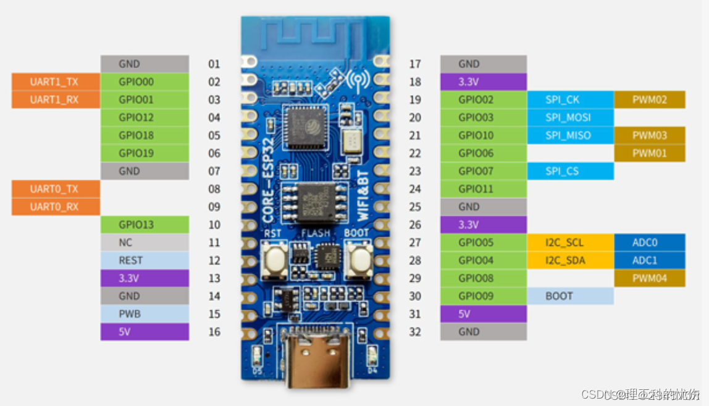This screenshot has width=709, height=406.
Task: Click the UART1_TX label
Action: (x=55, y=82)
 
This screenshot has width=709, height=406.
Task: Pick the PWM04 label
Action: (x=649, y=278)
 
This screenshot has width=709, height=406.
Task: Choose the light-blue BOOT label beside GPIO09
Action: (x=570, y=296)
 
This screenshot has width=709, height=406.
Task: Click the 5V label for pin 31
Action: (x=483, y=314)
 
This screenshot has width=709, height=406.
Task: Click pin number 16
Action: (x=214, y=332)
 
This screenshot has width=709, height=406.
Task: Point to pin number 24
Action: (x=415, y=188)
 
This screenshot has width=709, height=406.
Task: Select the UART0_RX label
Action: (x=55, y=206)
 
